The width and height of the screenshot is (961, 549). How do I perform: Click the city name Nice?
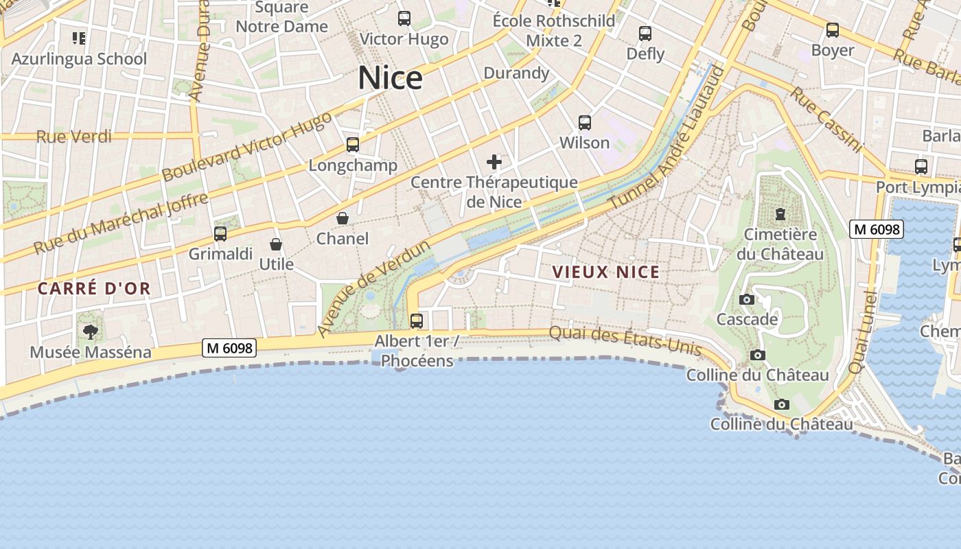(x=390, y=78)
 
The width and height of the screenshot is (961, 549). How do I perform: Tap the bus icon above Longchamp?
(x=353, y=145)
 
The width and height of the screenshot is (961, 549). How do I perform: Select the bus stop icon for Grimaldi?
(x=220, y=234)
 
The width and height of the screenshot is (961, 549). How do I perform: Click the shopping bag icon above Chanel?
(x=342, y=218)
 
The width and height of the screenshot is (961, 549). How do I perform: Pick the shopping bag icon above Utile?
(x=276, y=244)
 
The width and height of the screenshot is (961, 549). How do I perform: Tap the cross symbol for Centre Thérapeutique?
(x=494, y=162)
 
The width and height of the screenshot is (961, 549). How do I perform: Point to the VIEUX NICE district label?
(x=606, y=272)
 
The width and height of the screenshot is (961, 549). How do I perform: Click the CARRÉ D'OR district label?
(x=94, y=288)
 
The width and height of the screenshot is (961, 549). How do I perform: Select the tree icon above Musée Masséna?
(x=90, y=333)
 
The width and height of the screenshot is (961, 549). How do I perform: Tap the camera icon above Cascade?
(x=747, y=299)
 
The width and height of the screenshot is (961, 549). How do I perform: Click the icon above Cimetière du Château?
(x=780, y=214)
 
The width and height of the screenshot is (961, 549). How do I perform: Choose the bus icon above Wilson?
(x=585, y=123)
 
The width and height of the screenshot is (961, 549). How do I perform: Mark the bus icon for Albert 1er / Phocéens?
(x=417, y=320)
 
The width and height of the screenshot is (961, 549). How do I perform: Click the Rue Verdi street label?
(x=73, y=137)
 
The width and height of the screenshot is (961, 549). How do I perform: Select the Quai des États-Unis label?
(x=625, y=341)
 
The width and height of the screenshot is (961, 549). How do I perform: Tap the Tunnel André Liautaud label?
(x=667, y=138)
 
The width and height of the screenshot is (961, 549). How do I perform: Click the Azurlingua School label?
(x=79, y=58)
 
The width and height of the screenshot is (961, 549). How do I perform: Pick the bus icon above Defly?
(x=645, y=34)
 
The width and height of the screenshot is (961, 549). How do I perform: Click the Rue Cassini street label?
(x=826, y=119)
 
